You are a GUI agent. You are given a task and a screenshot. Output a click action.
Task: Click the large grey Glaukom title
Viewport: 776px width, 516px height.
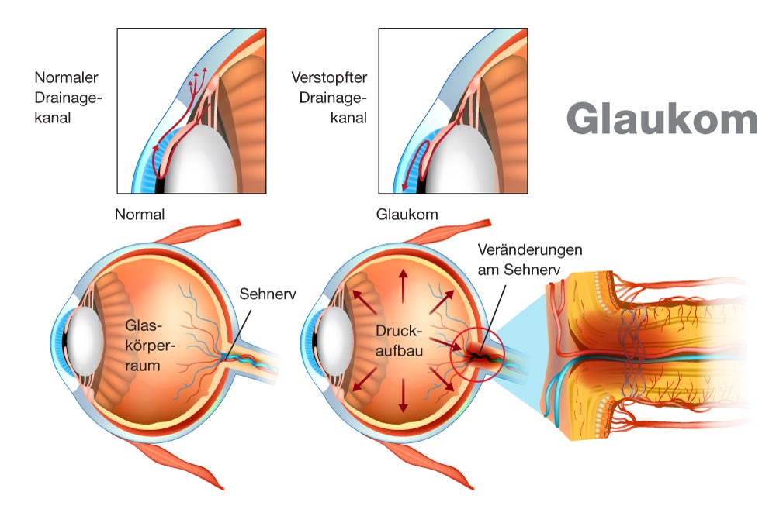click(662, 118)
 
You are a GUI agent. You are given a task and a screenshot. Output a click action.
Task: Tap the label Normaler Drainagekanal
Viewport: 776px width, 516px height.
click(68, 98)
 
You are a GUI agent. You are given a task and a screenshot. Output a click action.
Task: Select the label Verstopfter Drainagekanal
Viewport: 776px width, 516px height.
click(329, 98)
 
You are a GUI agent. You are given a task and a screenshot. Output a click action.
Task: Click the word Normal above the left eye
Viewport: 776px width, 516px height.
click(140, 215)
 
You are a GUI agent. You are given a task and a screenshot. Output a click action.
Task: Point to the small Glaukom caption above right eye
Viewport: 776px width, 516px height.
click(407, 215)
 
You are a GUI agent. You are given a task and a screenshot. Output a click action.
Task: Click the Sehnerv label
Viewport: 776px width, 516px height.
click(268, 294)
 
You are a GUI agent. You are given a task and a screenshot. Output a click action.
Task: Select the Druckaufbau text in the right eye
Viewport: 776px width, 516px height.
click(399, 341)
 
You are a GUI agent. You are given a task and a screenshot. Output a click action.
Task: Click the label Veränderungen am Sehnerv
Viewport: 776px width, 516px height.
click(529, 260)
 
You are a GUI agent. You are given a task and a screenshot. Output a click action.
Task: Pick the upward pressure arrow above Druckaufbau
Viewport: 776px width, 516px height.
click(404, 287)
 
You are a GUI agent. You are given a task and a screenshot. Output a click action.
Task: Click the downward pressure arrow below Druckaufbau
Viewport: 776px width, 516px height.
click(404, 395)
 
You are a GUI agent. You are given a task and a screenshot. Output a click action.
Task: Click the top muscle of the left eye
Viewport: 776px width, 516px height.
click(197, 232)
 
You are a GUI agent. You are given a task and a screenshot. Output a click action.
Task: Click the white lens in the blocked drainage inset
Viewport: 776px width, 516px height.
click(462, 159)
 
